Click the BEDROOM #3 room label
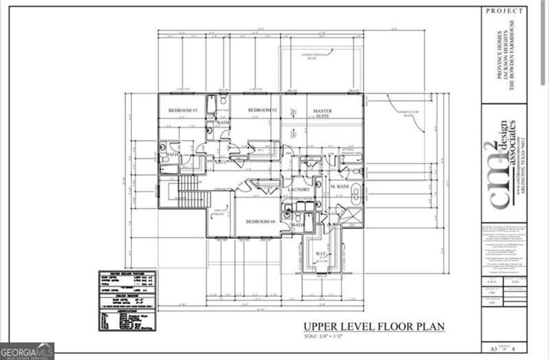(183, 110)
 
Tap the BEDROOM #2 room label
(262, 110)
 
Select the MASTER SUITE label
(322, 114)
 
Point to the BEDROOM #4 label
(260, 221)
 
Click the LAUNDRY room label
(299, 190)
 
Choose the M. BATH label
(340, 186)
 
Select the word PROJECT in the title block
(505, 11)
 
